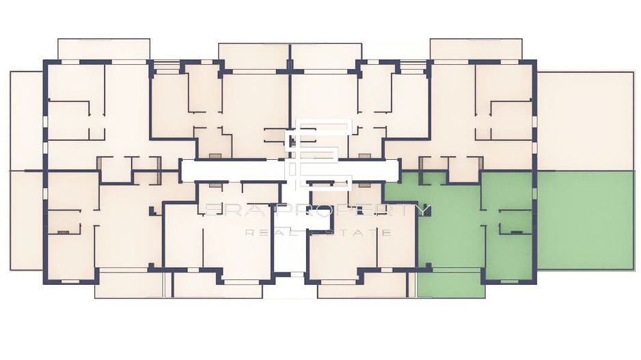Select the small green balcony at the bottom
coord(451,284)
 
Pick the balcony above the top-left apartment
coord(103,49)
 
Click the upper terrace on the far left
coord(27,120)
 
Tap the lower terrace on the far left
coord(27,220)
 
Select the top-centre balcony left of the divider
coord(254,56)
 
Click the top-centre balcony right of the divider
coord(326,56)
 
